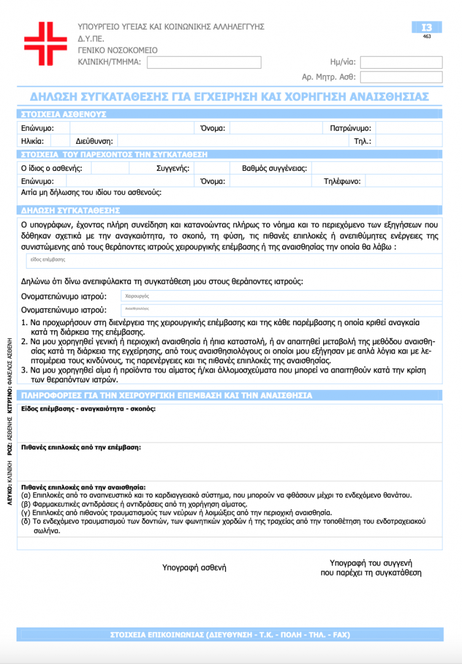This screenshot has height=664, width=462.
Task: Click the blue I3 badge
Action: click(x=426, y=27)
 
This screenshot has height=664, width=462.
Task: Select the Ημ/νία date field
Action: click(x=401, y=62)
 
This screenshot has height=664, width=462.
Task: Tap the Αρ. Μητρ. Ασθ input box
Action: click(x=401, y=77)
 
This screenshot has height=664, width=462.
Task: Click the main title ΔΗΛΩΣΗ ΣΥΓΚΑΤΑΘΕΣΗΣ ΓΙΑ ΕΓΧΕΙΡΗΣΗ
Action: click(x=230, y=97)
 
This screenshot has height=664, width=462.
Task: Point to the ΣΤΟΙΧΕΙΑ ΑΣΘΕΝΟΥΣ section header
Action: click(x=64, y=114)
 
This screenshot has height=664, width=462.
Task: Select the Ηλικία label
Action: click(x=32, y=141)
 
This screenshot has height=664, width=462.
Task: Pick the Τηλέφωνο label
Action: click(x=345, y=181)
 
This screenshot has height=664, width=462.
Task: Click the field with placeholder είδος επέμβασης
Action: click(x=233, y=261)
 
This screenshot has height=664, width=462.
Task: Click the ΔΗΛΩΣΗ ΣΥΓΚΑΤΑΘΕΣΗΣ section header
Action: click(x=71, y=210)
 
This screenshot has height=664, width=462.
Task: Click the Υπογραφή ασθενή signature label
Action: click(x=194, y=567)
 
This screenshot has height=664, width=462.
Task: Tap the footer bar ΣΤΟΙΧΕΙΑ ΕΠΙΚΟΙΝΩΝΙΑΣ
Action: click(x=230, y=634)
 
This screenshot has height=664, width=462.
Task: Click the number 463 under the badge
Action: click(x=426, y=37)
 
